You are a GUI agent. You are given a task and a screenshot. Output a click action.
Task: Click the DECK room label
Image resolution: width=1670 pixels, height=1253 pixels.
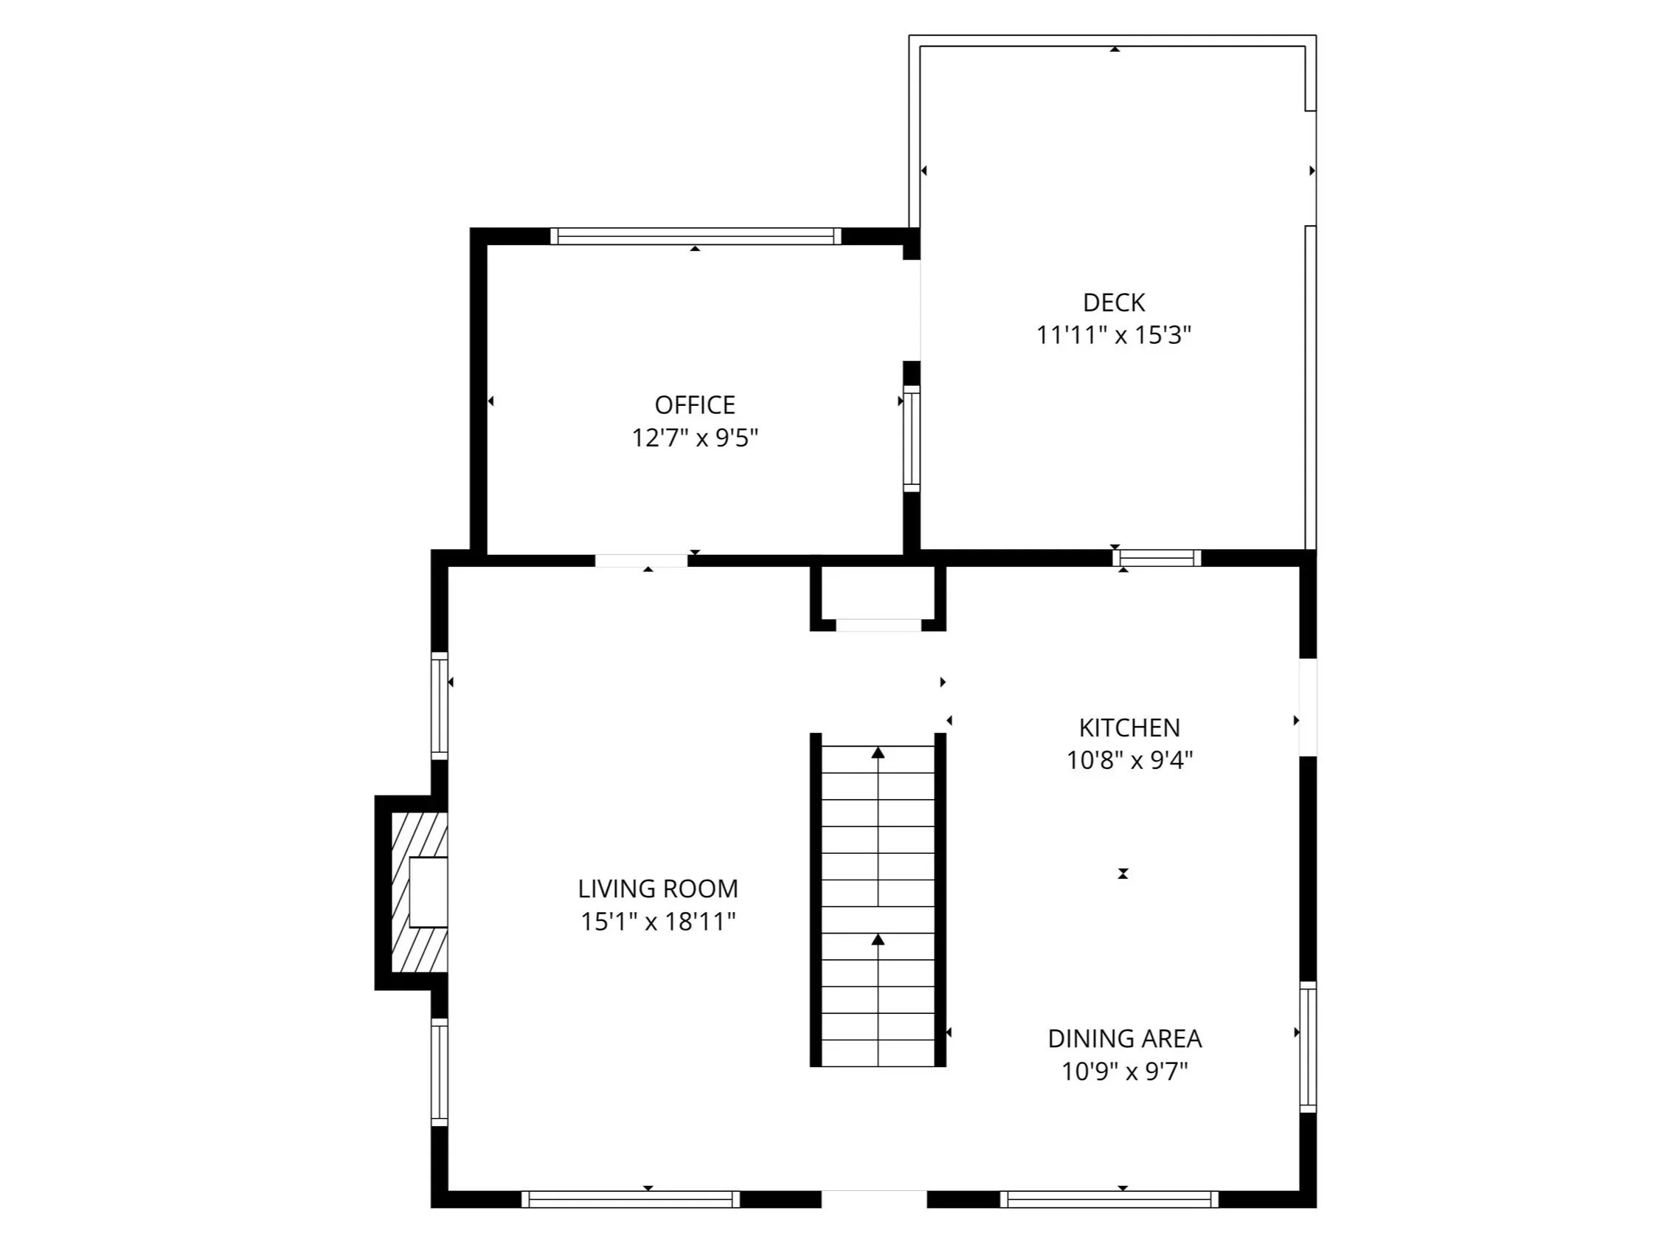[x=1114, y=303]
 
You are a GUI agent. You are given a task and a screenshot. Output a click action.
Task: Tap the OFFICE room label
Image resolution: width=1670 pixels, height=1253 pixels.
[x=695, y=406]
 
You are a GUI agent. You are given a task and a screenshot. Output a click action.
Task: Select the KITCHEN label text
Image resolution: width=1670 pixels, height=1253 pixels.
[x=1129, y=728]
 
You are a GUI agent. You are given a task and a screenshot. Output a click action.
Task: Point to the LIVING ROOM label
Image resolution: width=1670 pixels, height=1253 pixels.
[x=657, y=889]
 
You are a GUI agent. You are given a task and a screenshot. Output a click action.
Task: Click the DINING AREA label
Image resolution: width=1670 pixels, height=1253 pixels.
[x=1124, y=1039]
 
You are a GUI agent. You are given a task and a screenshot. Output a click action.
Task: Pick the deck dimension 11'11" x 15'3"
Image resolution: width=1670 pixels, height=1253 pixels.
[x=1114, y=335]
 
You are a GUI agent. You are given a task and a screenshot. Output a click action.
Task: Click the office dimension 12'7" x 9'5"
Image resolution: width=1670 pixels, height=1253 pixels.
[x=695, y=438]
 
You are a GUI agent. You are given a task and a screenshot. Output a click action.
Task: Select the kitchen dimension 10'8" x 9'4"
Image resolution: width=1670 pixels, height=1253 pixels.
[x=1129, y=761]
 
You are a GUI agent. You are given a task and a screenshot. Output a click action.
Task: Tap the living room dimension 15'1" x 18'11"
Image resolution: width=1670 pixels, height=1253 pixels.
[x=657, y=922]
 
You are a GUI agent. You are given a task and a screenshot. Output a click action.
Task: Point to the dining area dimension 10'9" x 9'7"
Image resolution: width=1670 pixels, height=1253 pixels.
[x=1125, y=1071]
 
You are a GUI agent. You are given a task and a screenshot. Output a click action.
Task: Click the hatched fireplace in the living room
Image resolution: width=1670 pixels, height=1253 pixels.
[x=420, y=892]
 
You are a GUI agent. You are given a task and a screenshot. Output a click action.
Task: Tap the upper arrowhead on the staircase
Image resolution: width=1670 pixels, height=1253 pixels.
[x=878, y=752]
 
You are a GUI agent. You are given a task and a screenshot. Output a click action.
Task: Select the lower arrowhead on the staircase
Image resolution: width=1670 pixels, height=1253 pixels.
[x=878, y=939]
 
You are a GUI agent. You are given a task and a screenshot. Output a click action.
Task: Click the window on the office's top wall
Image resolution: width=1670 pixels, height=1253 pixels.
[x=696, y=235]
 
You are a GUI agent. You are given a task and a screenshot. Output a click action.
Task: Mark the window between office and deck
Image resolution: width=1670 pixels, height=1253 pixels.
[x=912, y=439]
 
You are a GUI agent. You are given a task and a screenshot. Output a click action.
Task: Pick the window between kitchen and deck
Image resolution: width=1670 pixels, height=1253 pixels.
[x=1157, y=558]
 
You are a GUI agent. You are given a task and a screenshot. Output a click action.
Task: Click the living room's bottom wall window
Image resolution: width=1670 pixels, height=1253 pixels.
[x=631, y=1199]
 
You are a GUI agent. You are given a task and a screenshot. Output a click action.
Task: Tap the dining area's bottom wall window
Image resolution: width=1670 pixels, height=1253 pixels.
[x=1109, y=1199]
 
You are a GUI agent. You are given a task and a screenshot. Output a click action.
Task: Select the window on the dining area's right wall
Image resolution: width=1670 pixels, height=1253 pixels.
[x=1309, y=1047]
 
